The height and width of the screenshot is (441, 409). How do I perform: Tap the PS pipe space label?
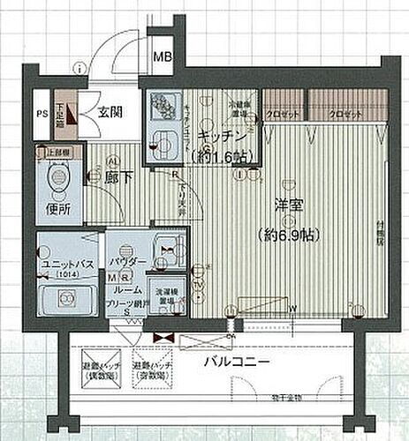click(x=42, y=113)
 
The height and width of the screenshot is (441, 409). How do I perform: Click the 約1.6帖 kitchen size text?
click(x=221, y=157)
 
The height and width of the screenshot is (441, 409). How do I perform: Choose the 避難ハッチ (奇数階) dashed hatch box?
click(x=153, y=370)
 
